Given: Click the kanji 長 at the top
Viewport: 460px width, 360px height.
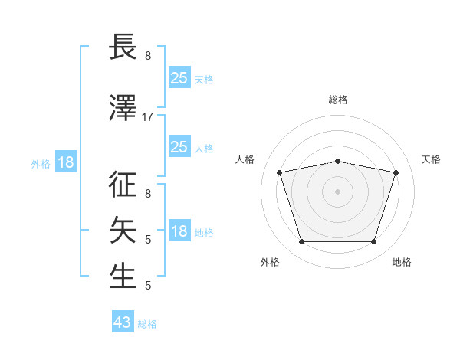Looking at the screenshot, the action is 123,46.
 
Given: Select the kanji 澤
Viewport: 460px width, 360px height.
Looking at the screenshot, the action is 123,107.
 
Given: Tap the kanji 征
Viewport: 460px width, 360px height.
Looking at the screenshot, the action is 123,184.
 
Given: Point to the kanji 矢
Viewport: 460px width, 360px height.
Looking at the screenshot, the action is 123,230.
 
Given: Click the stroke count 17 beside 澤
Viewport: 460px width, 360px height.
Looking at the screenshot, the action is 147,117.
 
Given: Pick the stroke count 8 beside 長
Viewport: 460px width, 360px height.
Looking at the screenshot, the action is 148,56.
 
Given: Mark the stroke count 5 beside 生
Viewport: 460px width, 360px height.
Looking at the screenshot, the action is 148,286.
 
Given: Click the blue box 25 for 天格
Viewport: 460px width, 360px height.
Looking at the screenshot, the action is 179,77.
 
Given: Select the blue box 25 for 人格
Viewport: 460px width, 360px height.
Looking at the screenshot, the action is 179,146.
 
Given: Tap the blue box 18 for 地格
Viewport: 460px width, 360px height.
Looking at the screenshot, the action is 179,230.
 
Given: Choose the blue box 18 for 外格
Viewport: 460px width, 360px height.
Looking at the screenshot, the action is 66,162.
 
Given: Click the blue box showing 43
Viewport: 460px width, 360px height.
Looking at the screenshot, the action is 123,321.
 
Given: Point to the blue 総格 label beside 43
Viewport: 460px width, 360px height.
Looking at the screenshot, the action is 147,324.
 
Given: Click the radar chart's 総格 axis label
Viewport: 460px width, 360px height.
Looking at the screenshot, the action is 338,100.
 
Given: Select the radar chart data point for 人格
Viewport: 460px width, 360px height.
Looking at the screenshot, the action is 280,172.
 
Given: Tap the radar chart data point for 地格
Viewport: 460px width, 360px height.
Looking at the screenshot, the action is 374,242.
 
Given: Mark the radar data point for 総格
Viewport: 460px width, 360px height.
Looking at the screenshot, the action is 338,162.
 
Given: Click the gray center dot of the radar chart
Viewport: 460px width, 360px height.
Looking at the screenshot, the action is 337,191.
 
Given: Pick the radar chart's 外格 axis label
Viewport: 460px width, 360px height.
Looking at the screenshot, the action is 270,262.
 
